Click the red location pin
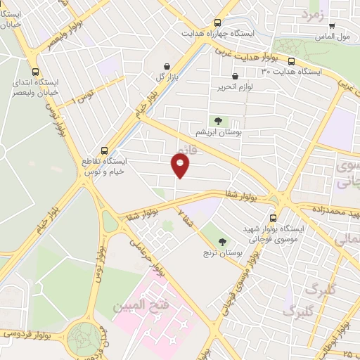[181, 165]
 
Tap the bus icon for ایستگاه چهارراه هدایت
[217, 22]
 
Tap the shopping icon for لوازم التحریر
[234, 76]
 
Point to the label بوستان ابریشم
[214, 132]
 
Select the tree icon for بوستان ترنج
[222, 241]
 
